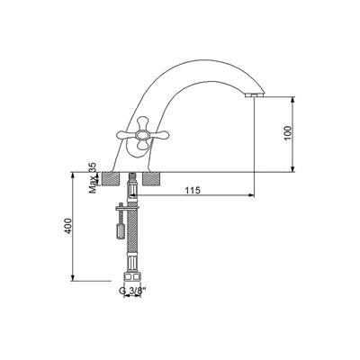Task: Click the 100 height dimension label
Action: (x=288, y=133)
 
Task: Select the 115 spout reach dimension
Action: (x=193, y=190)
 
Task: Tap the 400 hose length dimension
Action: (x=68, y=226)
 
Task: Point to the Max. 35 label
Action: (x=94, y=178)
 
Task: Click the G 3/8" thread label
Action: (x=132, y=291)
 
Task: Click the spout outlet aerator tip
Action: (x=255, y=95)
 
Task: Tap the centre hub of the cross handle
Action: (x=141, y=135)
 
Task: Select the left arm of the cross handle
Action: (x=126, y=135)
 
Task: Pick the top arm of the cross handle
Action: (x=143, y=124)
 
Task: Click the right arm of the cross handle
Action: (x=159, y=136)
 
